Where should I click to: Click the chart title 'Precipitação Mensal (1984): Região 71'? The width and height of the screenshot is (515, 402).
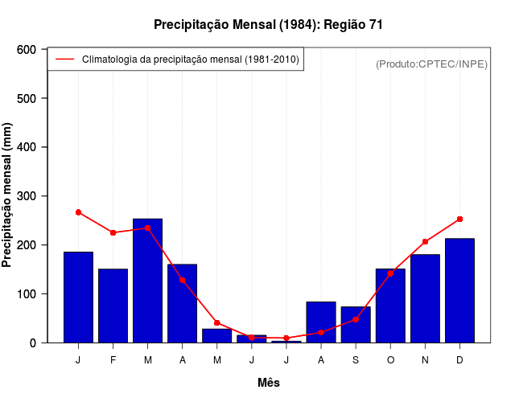point(268,25)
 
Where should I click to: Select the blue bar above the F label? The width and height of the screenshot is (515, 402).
point(113,306)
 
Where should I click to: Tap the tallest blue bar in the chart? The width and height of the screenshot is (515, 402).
point(147,281)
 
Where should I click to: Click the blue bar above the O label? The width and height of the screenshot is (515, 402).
point(390,306)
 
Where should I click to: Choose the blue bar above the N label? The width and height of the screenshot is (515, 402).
point(425,298)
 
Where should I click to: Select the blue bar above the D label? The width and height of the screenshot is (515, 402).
point(459,290)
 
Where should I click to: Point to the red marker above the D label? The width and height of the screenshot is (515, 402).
point(459,219)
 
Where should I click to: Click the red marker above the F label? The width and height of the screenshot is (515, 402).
point(113,232)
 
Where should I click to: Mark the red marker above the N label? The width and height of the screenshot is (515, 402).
point(425,241)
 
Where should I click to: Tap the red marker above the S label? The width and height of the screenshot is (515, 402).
point(356,319)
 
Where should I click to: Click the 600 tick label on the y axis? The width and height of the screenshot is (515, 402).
point(27,50)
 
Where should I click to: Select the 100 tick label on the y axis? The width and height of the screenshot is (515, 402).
point(27,294)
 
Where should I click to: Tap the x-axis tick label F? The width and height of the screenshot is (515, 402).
point(113,360)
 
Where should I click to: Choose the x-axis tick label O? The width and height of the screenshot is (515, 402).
point(390,360)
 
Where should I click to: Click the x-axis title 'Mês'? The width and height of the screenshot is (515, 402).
point(269,383)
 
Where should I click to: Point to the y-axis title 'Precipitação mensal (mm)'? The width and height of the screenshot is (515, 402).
point(8,195)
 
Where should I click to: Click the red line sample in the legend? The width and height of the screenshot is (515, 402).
point(64,59)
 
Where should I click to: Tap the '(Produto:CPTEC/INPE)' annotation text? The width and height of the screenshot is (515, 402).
point(431,64)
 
